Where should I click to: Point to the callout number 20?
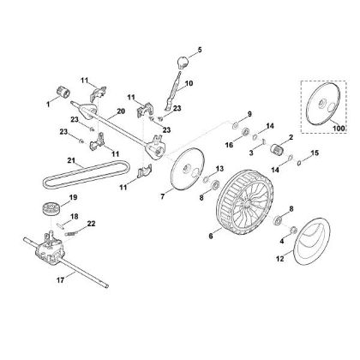click(120, 111)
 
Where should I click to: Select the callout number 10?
click(190, 84)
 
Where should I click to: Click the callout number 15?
click(315, 153)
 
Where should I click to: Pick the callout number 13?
click(220, 171)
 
